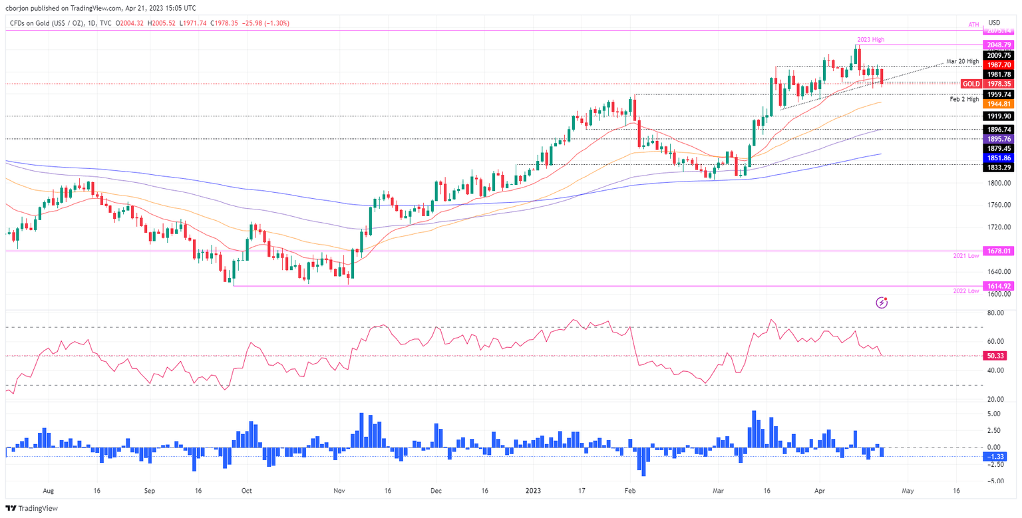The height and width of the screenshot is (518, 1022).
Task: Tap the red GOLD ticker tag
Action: coord(971,84)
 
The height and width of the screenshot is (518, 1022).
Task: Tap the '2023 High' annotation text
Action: coord(870,40)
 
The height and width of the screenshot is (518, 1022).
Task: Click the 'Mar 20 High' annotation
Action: coord(962,62)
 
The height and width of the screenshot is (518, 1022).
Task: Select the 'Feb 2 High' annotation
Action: coord(963,99)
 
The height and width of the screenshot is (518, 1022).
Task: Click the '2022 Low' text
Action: coord(965,291)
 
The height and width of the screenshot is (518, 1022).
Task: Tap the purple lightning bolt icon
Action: coord(882,303)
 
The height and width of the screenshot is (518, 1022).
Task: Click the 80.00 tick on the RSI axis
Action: coord(996,313)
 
